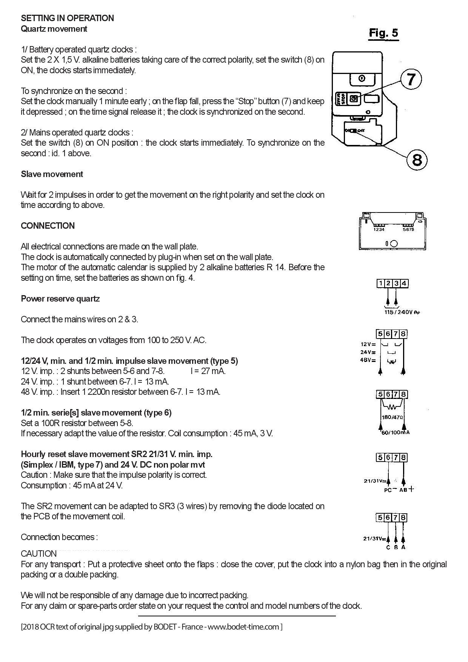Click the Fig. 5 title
tap(383, 33)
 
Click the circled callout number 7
tap(411, 79)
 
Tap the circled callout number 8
tap(417, 159)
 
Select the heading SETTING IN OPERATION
tap(67, 18)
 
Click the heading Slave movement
tap(52, 174)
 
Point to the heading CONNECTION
tap(48, 226)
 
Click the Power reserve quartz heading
tap(60, 299)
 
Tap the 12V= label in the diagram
tap(368, 344)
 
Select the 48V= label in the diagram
tap(368, 360)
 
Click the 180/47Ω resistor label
tap(392, 417)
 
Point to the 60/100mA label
tap(395, 433)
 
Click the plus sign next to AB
tap(411, 489)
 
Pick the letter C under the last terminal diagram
tap(388, 547)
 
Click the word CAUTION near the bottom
tap(38, 554)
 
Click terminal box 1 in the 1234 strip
tap(381, 283)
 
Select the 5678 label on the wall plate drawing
tap(408, 229)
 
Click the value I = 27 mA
tap(208, 371)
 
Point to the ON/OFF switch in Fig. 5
tap(354, 131)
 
